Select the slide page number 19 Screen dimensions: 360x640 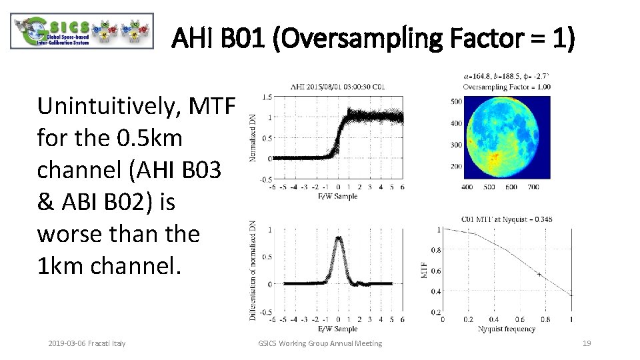pyautogui.click(x=587, y=343)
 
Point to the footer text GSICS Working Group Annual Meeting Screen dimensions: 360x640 pyautogui.click(x=320, y=343)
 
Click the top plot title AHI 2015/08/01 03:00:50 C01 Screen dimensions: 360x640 pyautogui.click(x=337, y=87)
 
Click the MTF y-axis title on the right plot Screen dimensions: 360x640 pyautogui.click(x=426, y=270)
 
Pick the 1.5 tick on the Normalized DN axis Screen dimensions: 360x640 pyautogui.click(x=266, y=97)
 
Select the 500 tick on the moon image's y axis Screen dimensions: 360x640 pyautogui.click(x=457, y=101)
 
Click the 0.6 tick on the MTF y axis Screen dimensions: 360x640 pyautogui.click(x=435, y=271)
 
